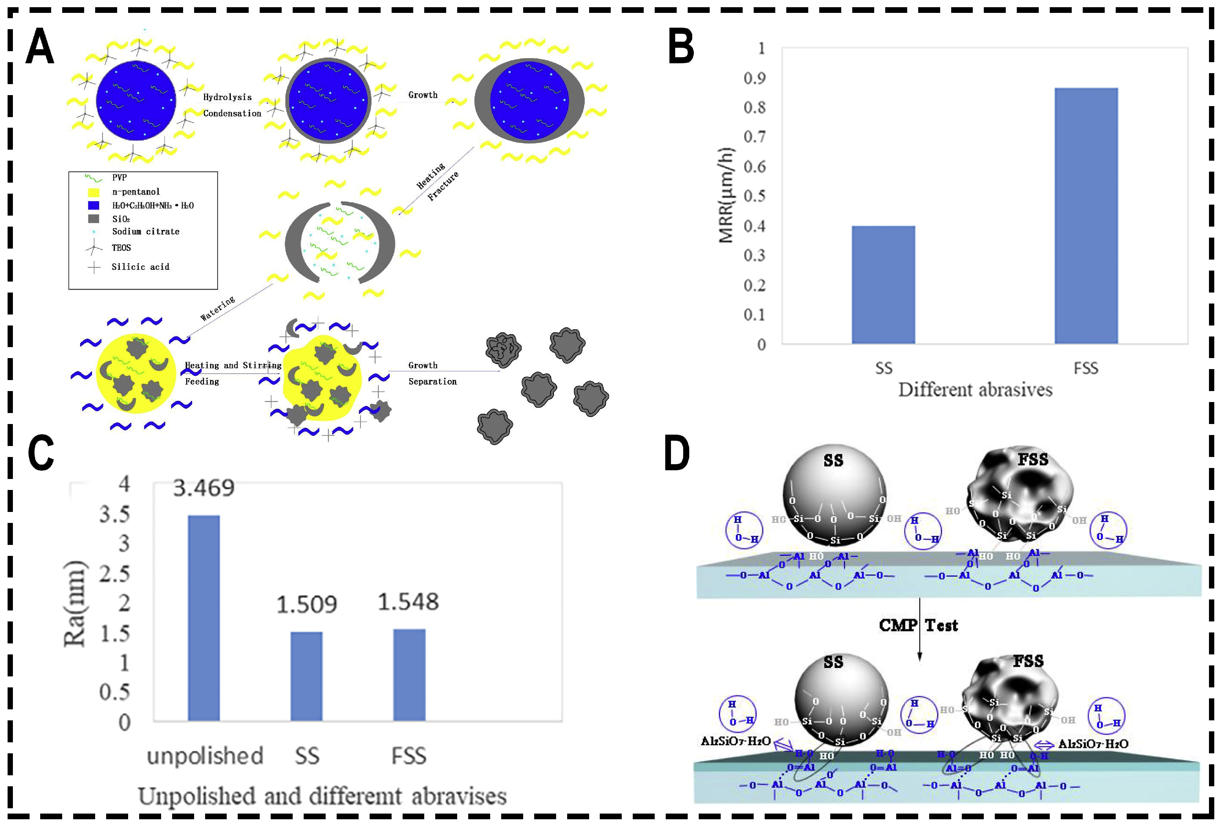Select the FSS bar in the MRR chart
(x=1086, y=216)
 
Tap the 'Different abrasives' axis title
(x=975, y=390)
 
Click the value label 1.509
(x=306, y=605)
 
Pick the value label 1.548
(x=408, y=602)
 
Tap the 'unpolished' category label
(x=205, y=756)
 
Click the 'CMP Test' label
(x=918, y=625)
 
